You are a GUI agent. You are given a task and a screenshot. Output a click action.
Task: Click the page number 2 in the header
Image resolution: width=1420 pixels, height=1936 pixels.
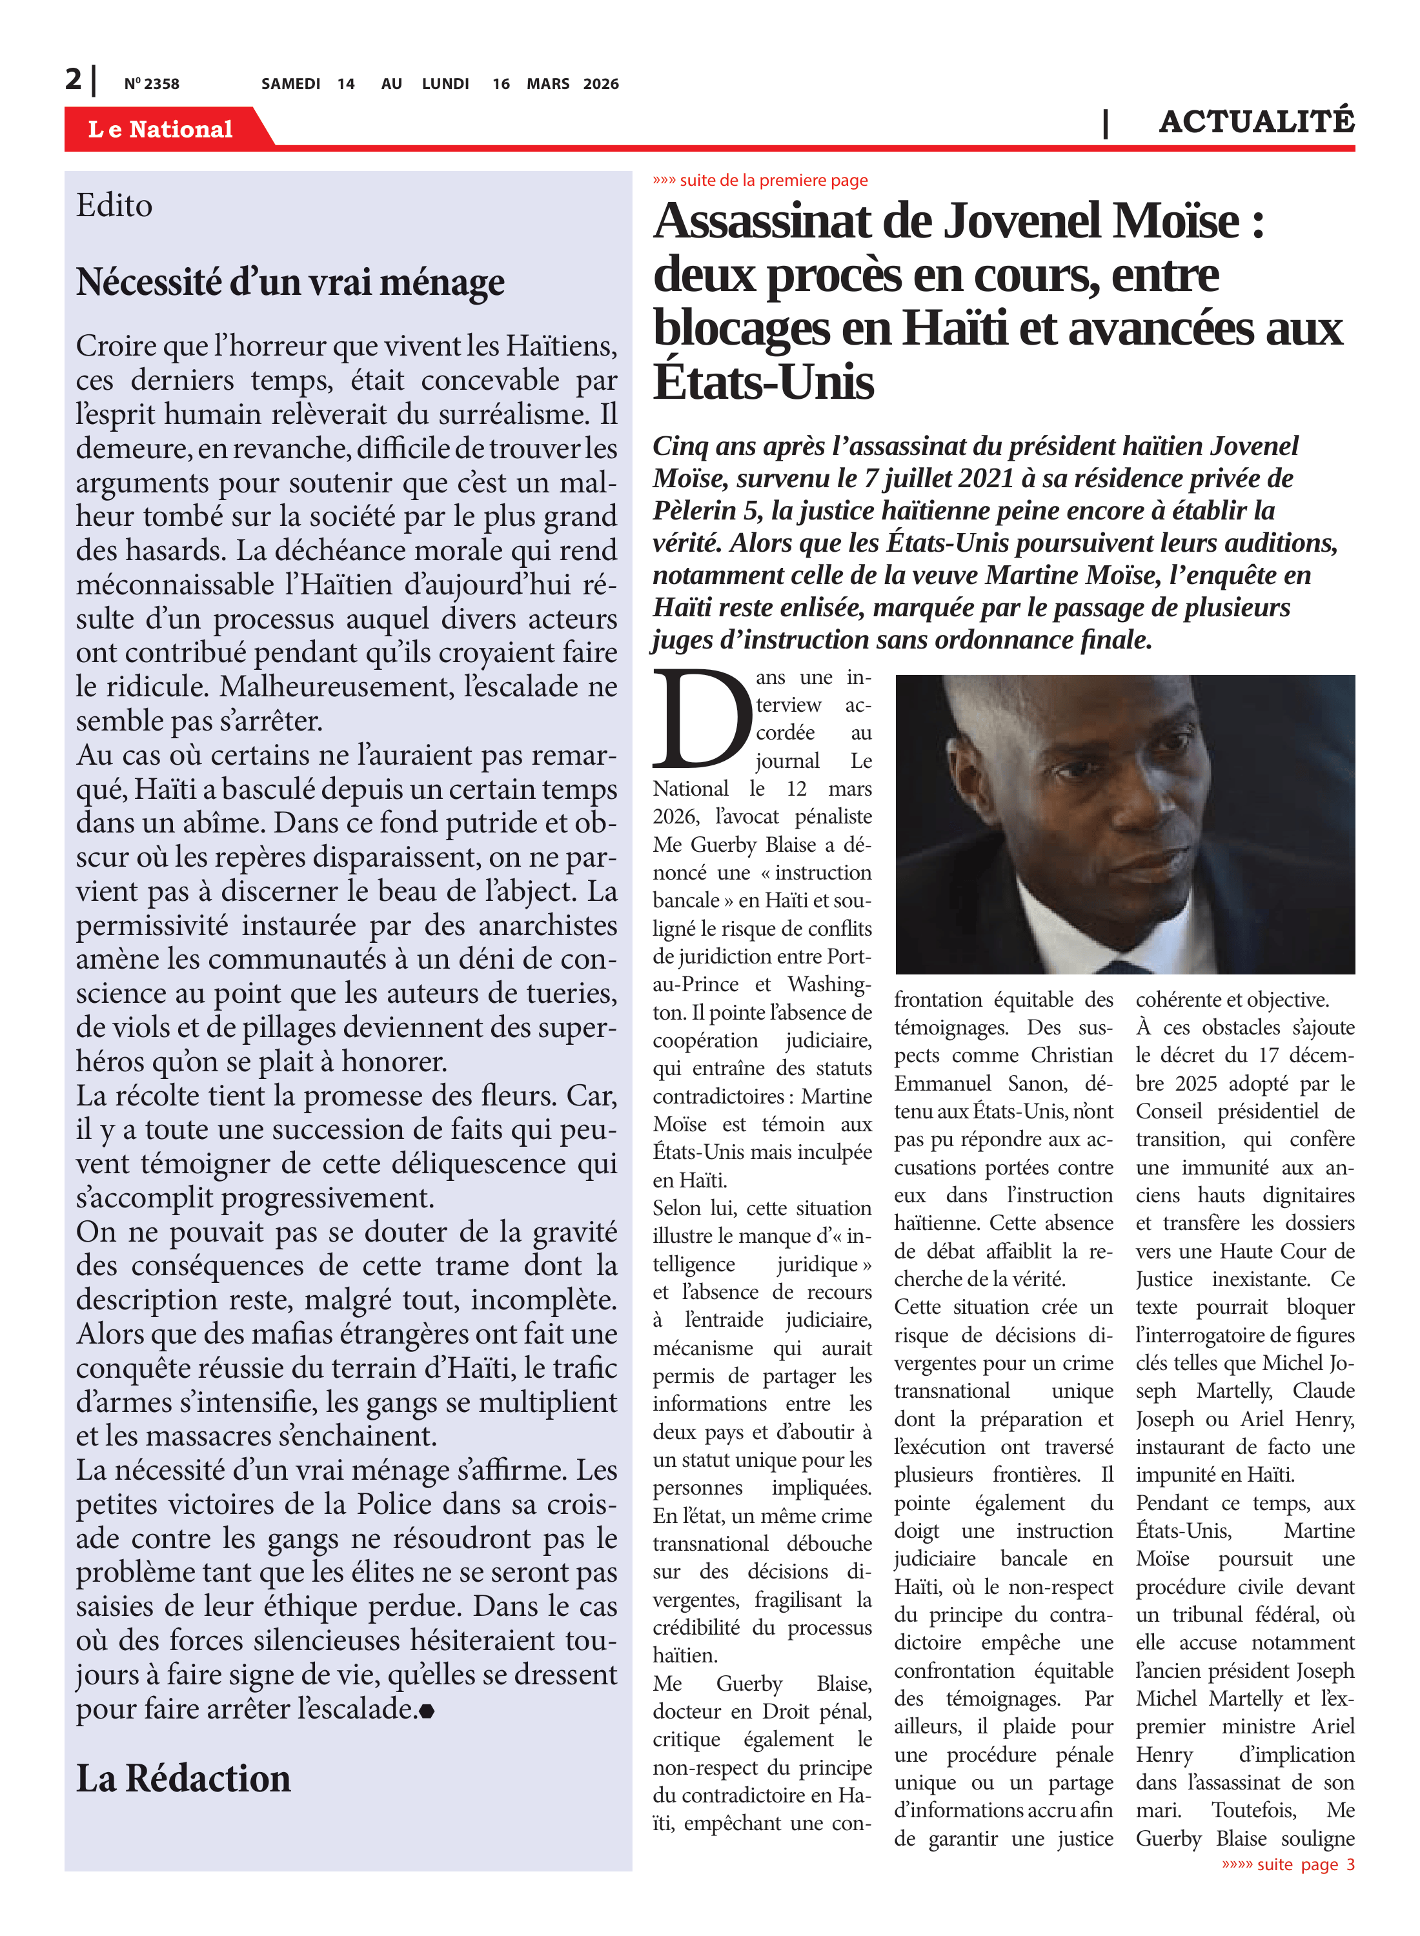(x=73, y=79)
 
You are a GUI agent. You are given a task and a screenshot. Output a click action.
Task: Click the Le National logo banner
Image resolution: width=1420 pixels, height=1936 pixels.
(x=161, y=129)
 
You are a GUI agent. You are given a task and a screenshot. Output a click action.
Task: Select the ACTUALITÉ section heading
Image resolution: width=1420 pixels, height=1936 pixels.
(x=1256, y=122)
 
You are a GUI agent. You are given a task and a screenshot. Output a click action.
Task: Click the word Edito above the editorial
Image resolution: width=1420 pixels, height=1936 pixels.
(x=114, y=205)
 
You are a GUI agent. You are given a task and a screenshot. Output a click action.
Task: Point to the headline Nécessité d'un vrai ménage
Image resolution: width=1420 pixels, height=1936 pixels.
(x=290, y=282)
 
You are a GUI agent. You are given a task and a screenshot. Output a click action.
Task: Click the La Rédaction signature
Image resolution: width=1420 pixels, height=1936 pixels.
(x=183, y=1778)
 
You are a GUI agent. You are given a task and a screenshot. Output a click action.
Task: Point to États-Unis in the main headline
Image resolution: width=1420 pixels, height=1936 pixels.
(x=764, y=381)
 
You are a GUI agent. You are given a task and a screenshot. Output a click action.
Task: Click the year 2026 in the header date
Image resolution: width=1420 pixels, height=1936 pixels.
(x=600, y=84)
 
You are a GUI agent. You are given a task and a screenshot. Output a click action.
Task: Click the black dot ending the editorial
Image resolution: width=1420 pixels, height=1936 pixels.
(x=427, y=1711)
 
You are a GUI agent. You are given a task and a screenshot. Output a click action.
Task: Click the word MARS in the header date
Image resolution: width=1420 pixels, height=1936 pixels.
(x=547, y=84)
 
